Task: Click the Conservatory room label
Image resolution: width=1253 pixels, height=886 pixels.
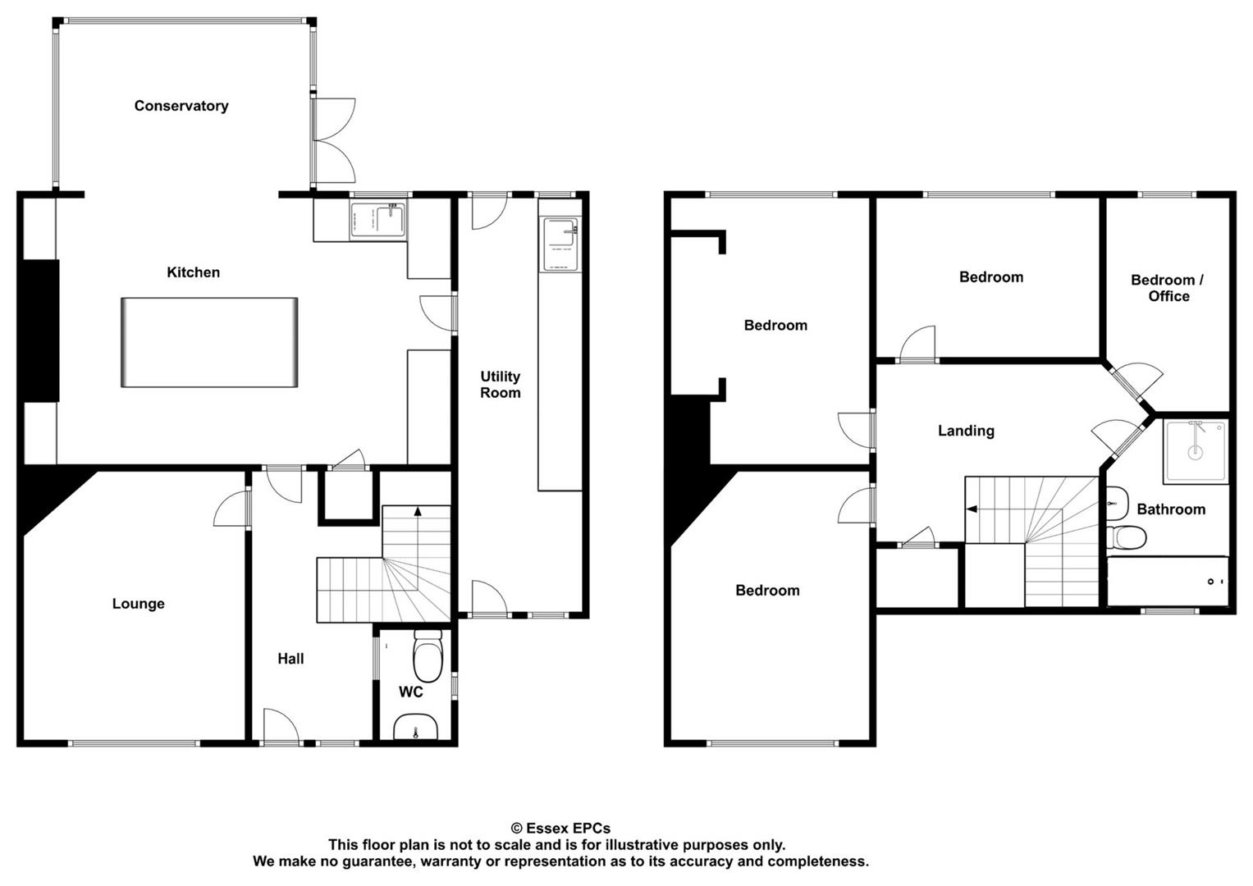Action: click(181, 106)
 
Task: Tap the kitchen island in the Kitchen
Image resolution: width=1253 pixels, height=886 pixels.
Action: click(209, 342)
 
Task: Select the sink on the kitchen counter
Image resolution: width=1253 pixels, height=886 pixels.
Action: click(378, 221)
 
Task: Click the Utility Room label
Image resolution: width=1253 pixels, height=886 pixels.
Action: click(500, 384)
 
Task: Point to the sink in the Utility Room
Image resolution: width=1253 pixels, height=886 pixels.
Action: click(560, 244)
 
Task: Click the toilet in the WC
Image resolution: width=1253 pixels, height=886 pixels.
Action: click(428, 655)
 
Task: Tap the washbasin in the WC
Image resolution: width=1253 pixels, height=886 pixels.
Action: click(415, 726)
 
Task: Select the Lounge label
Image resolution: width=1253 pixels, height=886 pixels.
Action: click(138, 604)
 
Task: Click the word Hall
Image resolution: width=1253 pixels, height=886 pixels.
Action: click(290, 659)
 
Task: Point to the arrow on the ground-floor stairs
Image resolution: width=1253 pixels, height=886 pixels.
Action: click(418, 510)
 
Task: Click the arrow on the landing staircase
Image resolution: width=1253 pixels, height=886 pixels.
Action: click(972, 509)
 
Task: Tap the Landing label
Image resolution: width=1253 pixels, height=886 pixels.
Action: click(966, 431)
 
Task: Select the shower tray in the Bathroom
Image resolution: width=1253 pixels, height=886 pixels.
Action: click(1196, 451)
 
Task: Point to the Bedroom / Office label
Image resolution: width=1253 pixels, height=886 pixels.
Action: click(1168, 288)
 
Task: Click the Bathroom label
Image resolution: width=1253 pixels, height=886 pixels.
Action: click(1171, 509)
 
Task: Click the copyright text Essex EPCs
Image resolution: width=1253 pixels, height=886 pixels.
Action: click(560, 829)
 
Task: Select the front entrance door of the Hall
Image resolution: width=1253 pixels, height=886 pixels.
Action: click(281, 727)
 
